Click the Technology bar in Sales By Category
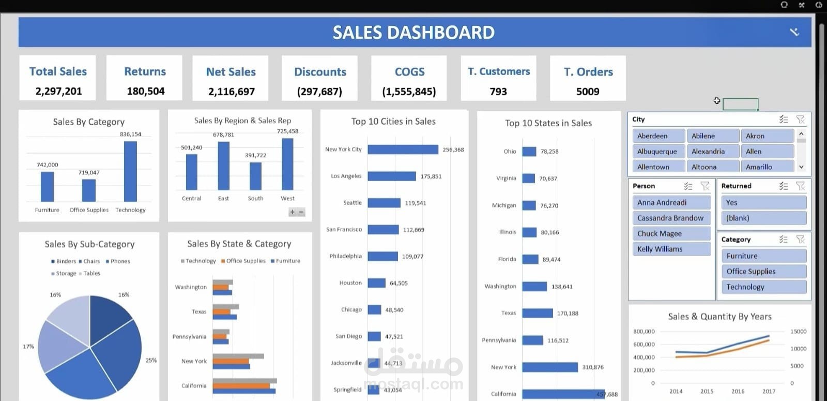(130, 171)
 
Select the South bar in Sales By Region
(255, 176)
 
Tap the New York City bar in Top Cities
(403, 150)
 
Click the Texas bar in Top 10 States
(538, 313)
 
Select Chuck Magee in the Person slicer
(671, 233)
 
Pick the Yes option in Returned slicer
(763, 202)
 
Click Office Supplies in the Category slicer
(763, 271)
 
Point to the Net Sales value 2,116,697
(231, 92)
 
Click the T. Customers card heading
(499, 71)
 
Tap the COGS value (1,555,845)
(409, 92)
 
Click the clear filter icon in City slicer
(801, 120)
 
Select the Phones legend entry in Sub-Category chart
(120, 261)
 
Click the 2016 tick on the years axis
(738, 391)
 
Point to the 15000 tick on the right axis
(798, 332)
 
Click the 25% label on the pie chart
(151, 360)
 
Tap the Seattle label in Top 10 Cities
(352, 203)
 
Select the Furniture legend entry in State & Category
(287, 261)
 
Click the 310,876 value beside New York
(592, 367)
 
